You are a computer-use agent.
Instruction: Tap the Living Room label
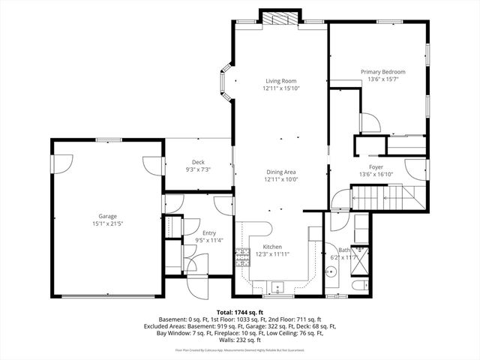coord(280,81)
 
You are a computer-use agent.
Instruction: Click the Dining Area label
coord(280,172)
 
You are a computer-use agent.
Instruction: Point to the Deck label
coord(198,162)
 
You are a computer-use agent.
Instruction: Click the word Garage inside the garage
coord(106,216)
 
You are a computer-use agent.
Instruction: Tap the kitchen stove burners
coord(242,258)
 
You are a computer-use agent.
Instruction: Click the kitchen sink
coord(278,286)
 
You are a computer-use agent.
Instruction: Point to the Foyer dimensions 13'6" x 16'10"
coord(376,175)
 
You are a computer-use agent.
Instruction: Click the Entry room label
coord(198,233)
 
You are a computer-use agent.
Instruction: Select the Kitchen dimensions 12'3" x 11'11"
coord(271,254)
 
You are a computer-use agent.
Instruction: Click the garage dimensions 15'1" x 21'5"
coord(106,223)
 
